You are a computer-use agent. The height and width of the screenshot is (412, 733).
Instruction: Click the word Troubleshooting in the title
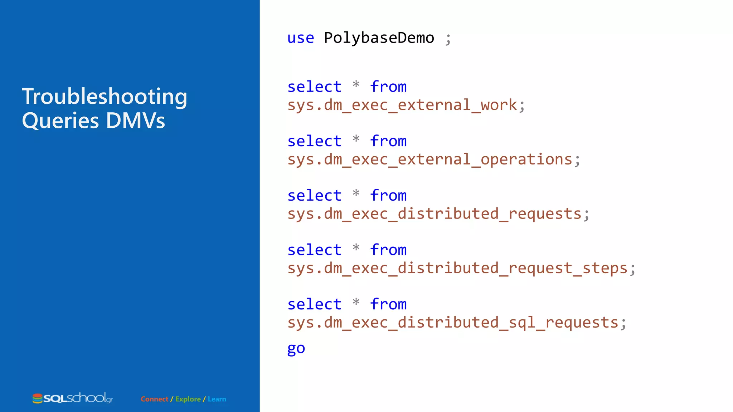click(x=105, y=97)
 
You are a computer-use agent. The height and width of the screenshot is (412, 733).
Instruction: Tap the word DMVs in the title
click(x=135, y=121)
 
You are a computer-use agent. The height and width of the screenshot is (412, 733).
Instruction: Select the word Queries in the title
click(x=60, y=121)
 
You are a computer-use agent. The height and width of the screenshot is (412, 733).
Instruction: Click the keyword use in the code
click(x=301, y=38)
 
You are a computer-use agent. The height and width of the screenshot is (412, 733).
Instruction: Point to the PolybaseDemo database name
click(x=379, y=38)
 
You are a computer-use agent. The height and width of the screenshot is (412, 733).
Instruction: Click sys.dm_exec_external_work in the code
click(x=402, y=105)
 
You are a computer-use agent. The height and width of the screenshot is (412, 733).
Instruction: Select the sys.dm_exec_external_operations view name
click(x=430, y=160)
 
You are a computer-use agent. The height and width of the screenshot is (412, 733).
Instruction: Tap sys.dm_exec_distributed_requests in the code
click(x=435, y=214)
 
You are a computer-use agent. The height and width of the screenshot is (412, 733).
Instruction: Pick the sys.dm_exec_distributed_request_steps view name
click(x=457, y=268)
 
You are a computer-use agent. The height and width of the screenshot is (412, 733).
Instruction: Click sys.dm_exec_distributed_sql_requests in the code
click(x=453, y=323)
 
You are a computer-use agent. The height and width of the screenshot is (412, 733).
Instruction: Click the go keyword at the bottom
click(x=296, y=348)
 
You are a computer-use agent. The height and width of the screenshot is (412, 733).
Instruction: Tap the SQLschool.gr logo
click(x=73, y=398)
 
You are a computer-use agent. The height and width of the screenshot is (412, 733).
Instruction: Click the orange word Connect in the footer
click(x=154, y=399)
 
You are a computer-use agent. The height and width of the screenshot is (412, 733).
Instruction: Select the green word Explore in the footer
click(x=188, y=399)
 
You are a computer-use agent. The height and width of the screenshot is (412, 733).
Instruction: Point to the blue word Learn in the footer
click(x=217, y=399)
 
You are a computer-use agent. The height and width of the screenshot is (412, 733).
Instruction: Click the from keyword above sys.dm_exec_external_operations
click(x=388, y=141)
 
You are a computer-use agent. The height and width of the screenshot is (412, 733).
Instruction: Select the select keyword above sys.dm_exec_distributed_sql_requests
click(x=315, y=304)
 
